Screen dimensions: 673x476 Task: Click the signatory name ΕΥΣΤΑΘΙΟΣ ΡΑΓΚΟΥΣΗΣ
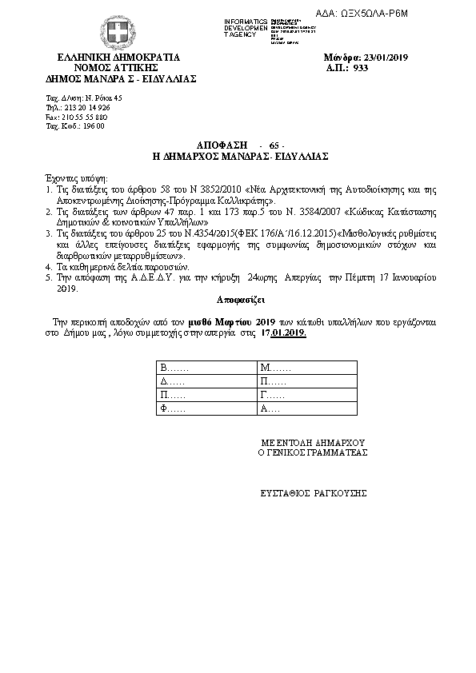[313, 492]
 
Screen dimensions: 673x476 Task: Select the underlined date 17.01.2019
[284, 332]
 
